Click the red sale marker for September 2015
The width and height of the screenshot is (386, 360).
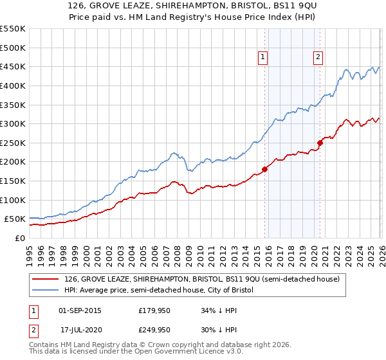(x=264, y=170)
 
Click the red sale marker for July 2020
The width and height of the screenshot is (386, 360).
(x=320, y=143)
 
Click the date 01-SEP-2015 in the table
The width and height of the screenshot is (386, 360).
(x=80, y=311)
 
